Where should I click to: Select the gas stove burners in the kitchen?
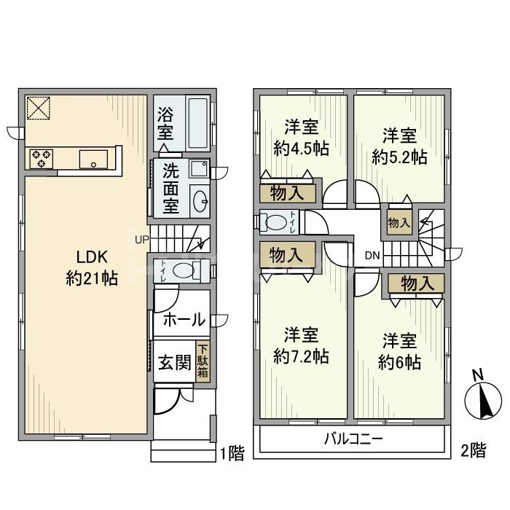point(39,158)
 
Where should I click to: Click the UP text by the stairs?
point(141,239)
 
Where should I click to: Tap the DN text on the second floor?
point(372,255)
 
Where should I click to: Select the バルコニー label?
point(353,439)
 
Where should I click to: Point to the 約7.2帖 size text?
point(302,356)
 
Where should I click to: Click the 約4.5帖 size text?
point(302,149)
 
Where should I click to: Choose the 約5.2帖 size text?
point(399,155)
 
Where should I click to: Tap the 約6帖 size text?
point(399,363)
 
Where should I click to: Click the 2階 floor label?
point(473,452)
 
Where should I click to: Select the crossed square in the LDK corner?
point(38,108)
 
